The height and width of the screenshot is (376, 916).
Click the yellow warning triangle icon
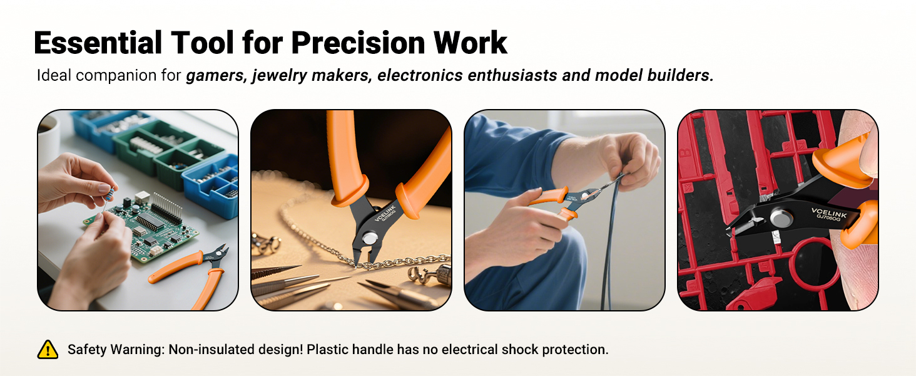tap(48, 349)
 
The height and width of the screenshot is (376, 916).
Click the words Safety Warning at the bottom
tap(114, 350)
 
